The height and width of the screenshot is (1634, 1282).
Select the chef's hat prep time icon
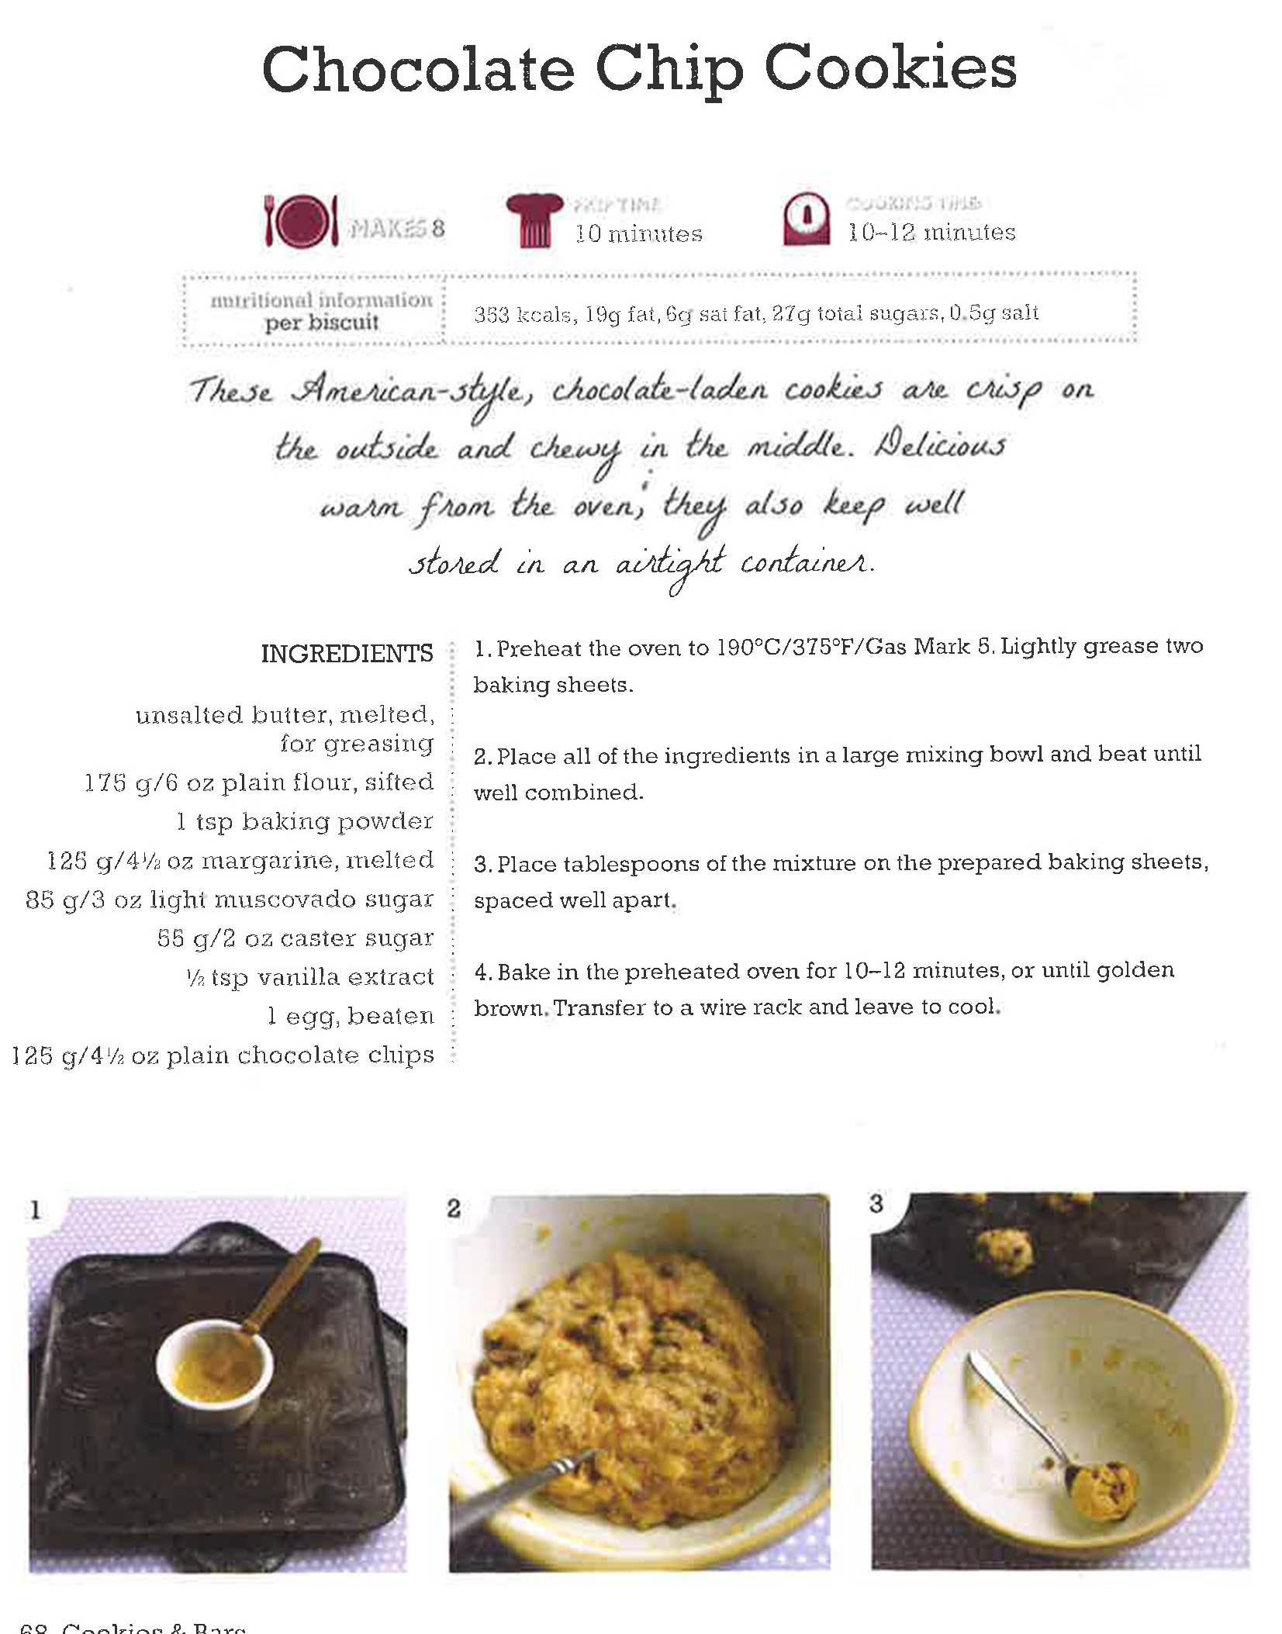pyautogui.click(x=534, y=220)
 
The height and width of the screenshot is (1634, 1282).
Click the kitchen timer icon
pyautogui.click(x=806, y=219)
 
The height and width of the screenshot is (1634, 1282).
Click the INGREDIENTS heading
pyautogui.click(x=347, y=654)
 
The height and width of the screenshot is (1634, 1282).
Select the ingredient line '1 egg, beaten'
pyautogui.click(x=351, y=1016)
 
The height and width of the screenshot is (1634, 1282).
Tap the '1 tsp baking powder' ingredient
pyautogui.click(x=305, y=821)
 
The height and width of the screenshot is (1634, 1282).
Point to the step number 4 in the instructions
pyautogui.click(x=482, y=972)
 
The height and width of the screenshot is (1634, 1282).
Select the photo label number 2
pyautogui.click(x=454, y=1207)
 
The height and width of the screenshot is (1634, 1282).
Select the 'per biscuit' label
pyautogui.click(x=321, y=323)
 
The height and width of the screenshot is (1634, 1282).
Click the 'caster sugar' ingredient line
pyautogui.click(x=295, y=938)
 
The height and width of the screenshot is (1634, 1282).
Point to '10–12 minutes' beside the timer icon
pyautogui.click(x=931, y=232)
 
